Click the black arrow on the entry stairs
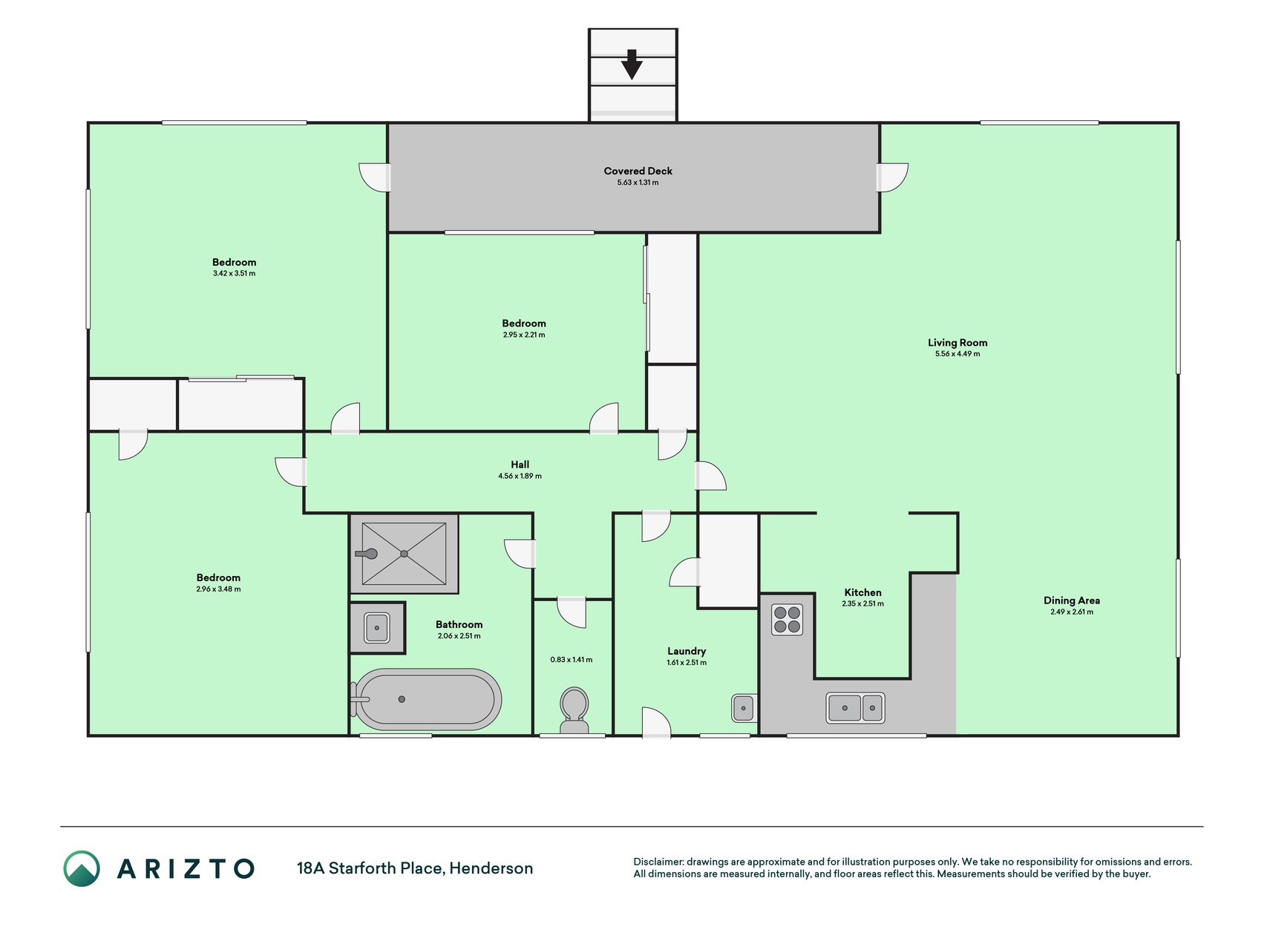632,65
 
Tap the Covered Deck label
638,171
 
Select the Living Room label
957,343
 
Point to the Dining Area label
1072,600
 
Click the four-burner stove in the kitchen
787,620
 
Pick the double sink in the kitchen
855,707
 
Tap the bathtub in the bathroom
427,699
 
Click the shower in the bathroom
404,554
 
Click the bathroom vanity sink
377,628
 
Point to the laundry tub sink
744,708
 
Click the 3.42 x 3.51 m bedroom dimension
234,274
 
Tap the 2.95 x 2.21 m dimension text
524,335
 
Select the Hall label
520,465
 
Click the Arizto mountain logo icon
82,868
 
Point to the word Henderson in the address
491,868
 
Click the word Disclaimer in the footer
658,862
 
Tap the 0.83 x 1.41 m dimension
572,660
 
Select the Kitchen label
862,592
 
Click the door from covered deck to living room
891,177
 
